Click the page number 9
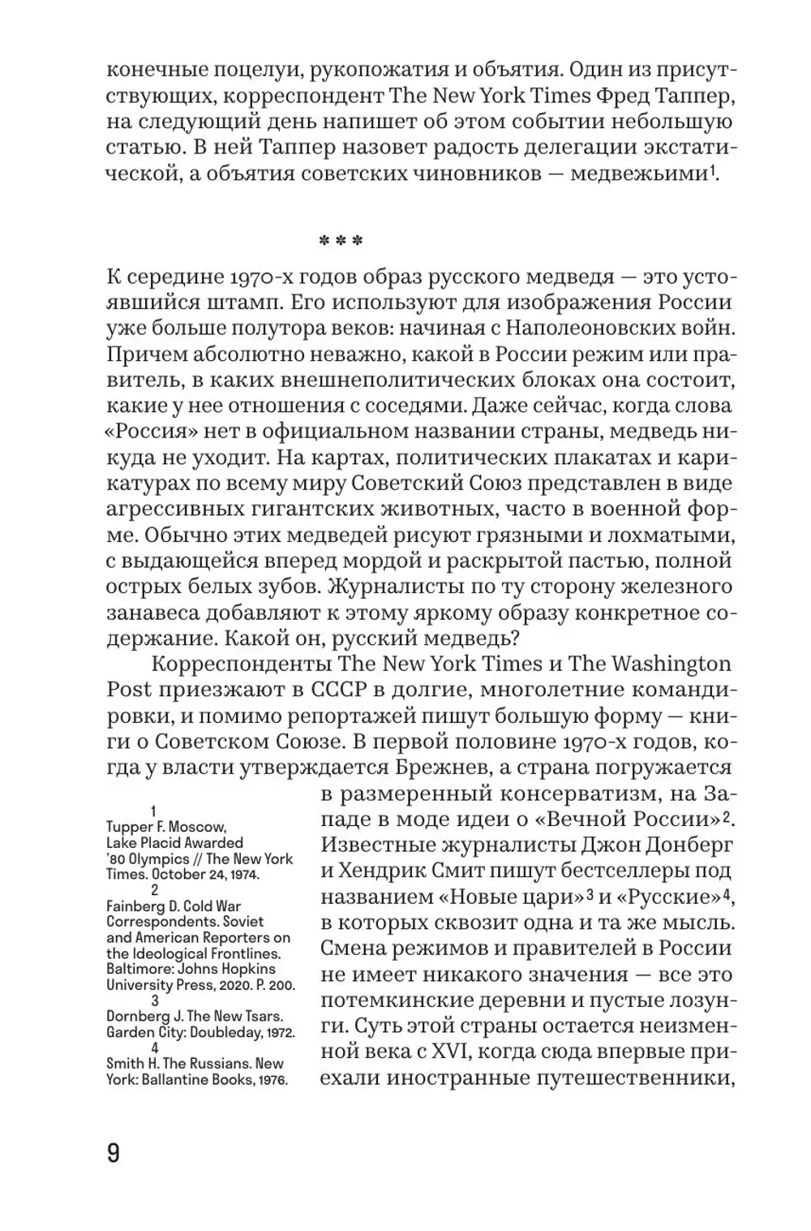tap(114, 1151)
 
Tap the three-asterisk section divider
tap(339, 242)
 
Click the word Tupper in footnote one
tap(127, 827)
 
